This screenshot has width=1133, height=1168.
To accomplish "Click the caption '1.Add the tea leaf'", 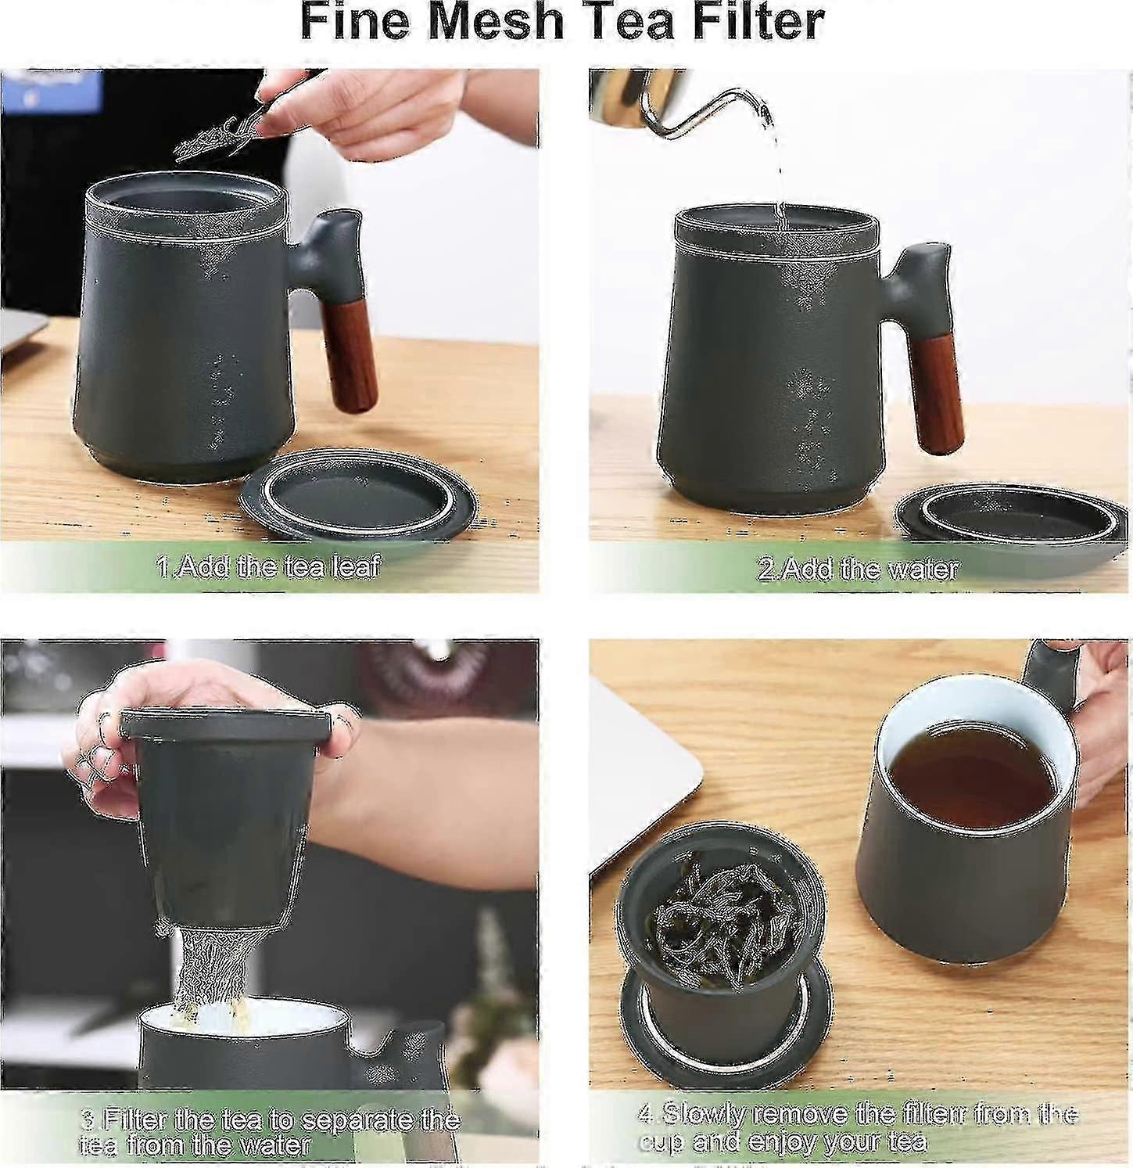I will click(268, 566).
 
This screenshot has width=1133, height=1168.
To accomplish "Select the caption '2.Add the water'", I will click(858, 568).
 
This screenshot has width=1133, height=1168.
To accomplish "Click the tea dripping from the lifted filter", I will click(209, 970).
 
